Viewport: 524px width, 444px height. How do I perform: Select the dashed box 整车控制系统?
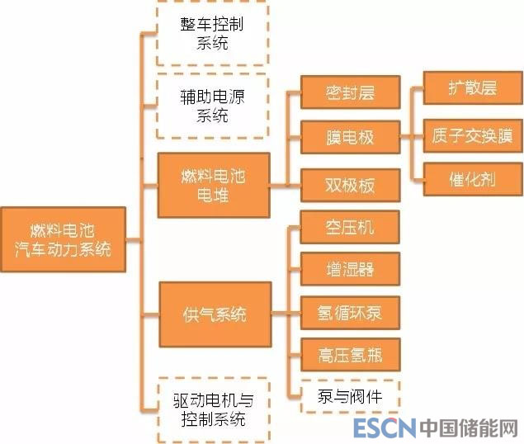point(212,33)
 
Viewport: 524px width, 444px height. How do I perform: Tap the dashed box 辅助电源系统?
point(212,106)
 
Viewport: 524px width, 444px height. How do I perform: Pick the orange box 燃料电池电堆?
point(213,185)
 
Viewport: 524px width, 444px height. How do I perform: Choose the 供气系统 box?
point(214,314)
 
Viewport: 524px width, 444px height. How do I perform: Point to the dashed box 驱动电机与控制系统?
point(212,409)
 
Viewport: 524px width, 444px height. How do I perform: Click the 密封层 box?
point(350,92)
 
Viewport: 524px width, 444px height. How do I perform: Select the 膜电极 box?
point(350,137)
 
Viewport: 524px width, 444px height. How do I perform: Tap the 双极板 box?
point(350,185)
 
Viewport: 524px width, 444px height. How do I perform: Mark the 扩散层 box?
point(473,88)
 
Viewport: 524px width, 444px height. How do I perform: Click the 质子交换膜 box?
point(473,135)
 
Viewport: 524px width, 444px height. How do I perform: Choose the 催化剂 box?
point(473,179)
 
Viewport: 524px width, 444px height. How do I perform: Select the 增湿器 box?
point(350,270)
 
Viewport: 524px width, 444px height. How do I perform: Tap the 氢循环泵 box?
point(350,313)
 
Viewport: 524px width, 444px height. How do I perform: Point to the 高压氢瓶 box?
point(350,356)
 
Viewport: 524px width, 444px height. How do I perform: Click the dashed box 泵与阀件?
point(350,396)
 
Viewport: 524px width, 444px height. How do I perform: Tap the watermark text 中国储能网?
point(468,428)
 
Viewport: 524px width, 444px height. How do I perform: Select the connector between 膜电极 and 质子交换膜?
point(411,136)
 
